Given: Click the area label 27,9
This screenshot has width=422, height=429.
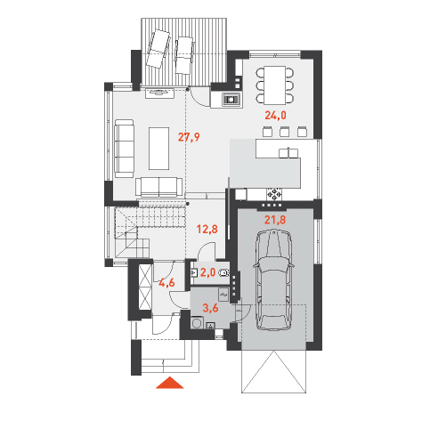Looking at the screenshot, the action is pos(189,137).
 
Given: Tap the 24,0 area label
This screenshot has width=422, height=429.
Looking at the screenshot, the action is pos(275,115).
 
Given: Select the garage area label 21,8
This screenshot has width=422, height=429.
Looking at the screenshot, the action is pos(275,220).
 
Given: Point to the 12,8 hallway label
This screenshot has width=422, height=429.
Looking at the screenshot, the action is pos(207,229).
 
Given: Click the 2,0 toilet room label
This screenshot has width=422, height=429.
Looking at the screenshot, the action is pos(207,272).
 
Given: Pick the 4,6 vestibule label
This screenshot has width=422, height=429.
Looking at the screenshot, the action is pos(166,282).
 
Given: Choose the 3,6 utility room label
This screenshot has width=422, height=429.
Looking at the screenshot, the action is pos(210,308).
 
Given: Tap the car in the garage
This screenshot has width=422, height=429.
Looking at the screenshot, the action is pos(273,280).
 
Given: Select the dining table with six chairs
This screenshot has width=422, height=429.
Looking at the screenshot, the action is pos(275,85).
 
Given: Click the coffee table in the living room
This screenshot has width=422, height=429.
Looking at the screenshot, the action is pos(159,149).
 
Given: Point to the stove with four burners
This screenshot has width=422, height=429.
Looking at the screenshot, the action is pos(275,194).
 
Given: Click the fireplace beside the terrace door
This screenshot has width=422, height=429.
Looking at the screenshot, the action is pos(231,100).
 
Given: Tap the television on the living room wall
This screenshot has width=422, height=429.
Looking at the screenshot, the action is pos(159,93).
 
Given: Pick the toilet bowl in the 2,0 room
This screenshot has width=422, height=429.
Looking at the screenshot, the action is pos(224,272).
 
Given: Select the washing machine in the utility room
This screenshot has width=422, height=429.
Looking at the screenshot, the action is pos(197,323).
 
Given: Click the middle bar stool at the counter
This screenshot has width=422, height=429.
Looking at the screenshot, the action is pos(284,131).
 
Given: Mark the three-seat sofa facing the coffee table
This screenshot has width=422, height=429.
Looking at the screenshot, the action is pos(125,149).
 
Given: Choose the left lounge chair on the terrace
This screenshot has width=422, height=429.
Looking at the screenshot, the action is pos(158,48).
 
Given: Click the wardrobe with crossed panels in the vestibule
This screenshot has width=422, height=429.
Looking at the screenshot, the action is pos(145,287).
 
